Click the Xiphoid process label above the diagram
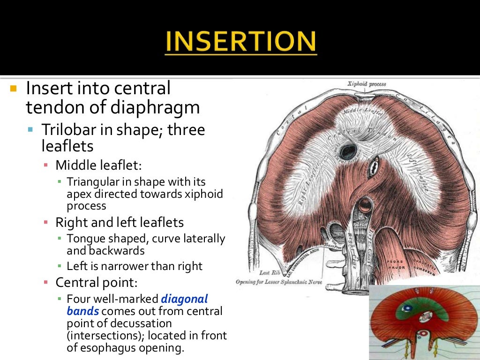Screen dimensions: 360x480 pos(367,84)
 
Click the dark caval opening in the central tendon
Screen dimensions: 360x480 pos(348,151)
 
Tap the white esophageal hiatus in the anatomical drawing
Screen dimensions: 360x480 pos(374,166)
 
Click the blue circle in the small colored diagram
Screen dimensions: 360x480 pos(407,309)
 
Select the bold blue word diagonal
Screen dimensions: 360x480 pos(184,299)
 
